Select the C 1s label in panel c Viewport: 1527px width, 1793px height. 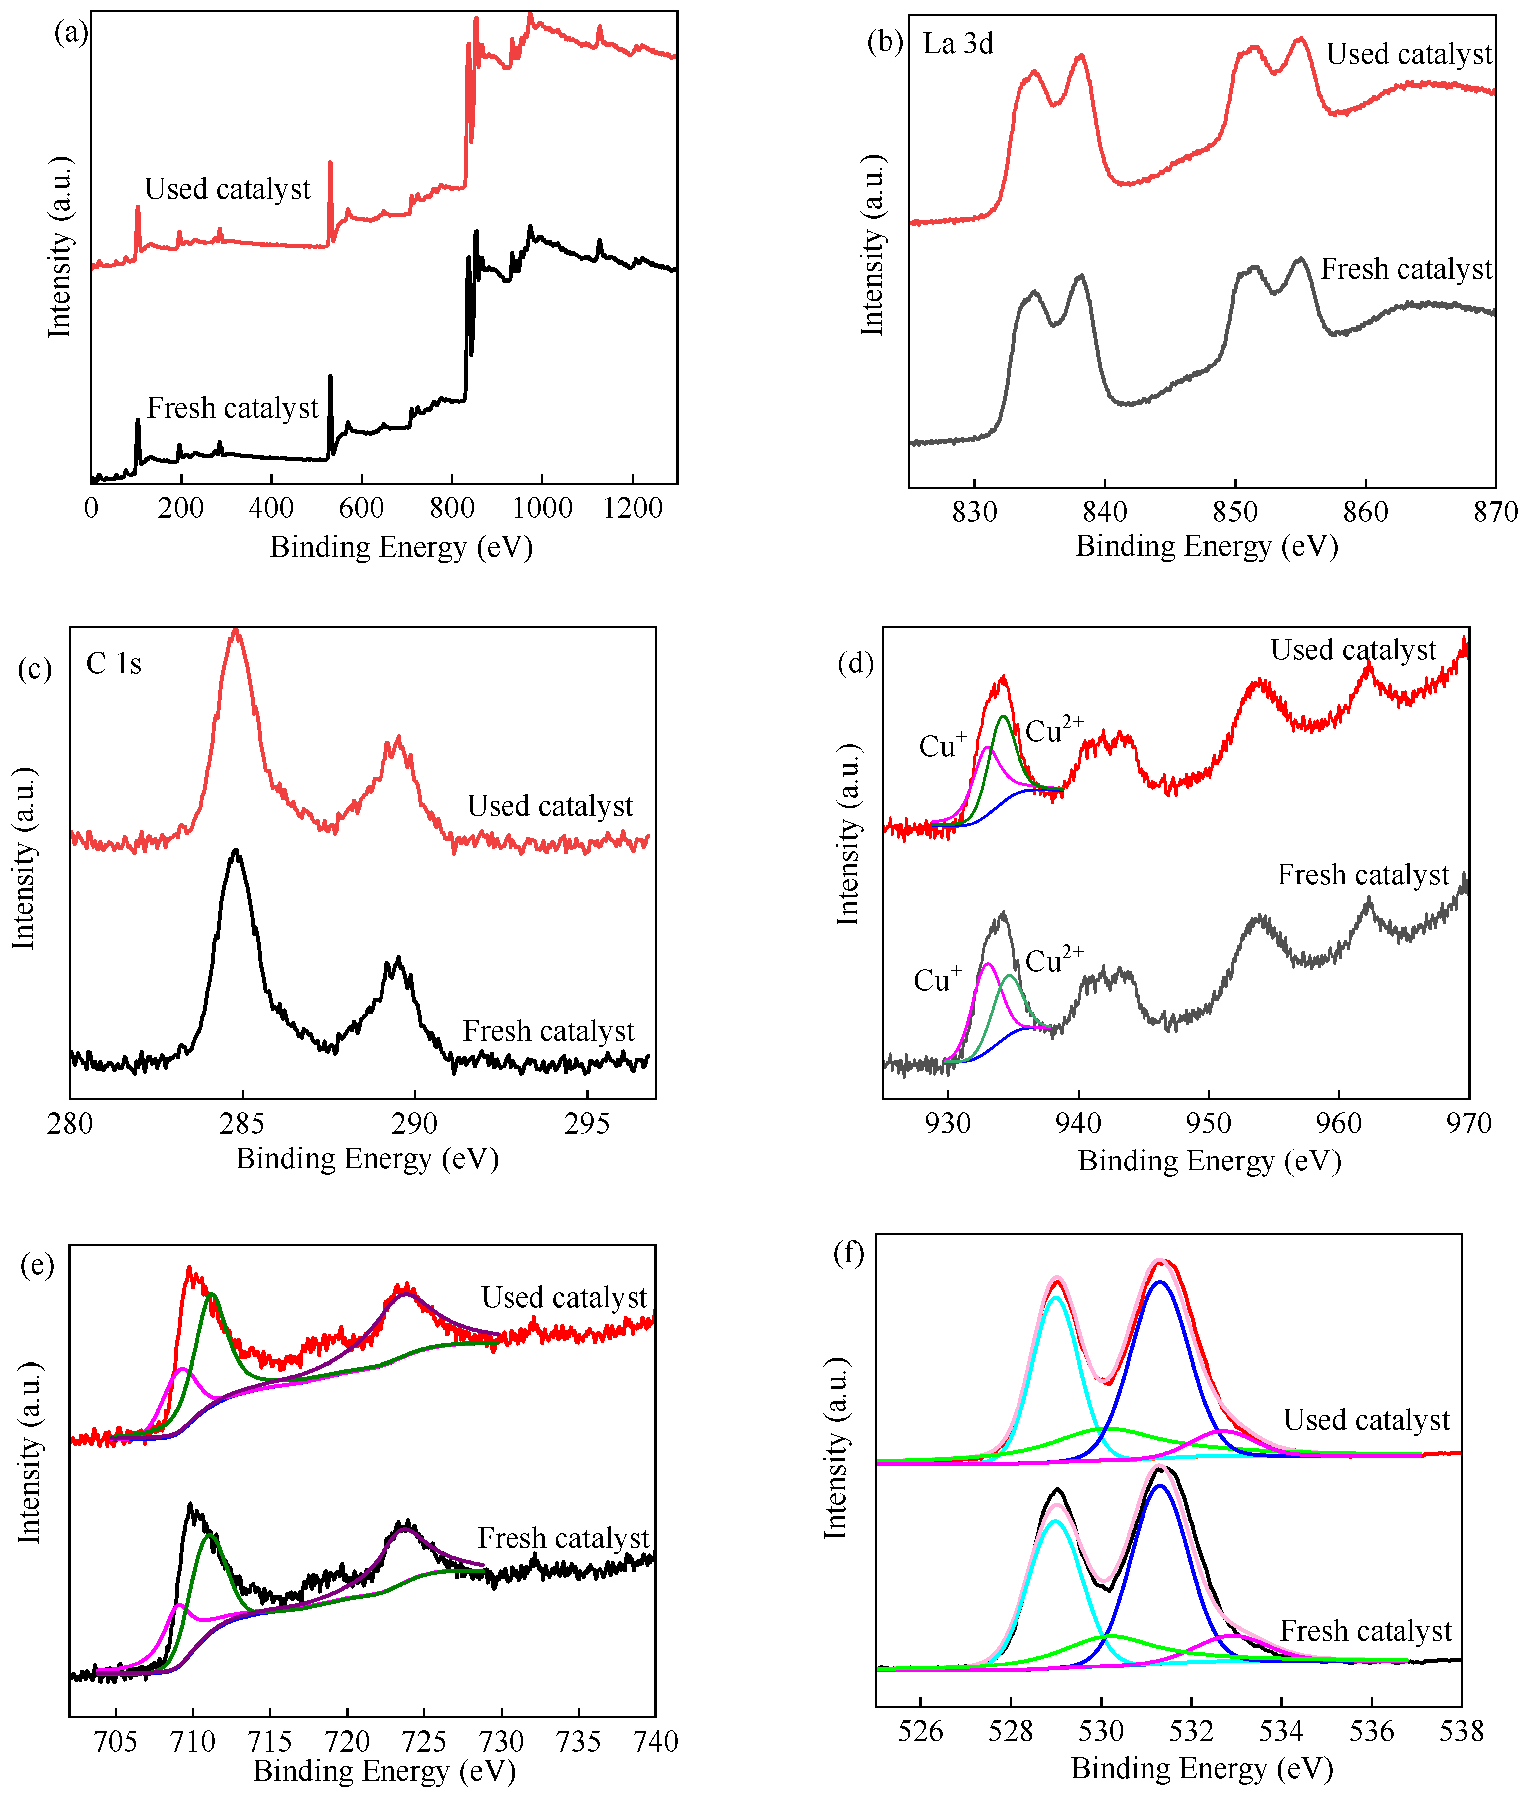(114, 664)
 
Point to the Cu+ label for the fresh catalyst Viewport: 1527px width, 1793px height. (937, 979)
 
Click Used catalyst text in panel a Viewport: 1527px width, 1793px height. (227, 189)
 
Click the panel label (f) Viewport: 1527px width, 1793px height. (848, 1252)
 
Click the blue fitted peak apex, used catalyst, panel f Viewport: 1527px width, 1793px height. (1160, 1282)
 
